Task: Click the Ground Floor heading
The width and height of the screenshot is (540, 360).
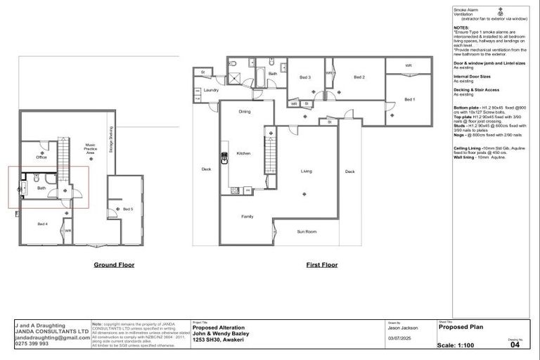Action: [114, 265]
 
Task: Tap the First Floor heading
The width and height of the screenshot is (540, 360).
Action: [321, 265]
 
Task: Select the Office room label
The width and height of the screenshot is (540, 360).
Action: [41, 157]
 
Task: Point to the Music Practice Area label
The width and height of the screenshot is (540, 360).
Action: [90, 149]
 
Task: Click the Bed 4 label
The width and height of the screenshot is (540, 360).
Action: [42, 224]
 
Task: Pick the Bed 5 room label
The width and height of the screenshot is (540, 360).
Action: [127, 209]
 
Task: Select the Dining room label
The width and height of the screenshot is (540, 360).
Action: [244, 111]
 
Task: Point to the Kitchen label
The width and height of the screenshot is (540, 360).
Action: [243, 153]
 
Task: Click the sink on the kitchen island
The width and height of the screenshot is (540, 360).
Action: [224, 158]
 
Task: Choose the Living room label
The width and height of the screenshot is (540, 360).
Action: [307, 171]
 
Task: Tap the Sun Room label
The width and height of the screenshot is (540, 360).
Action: [306, 231]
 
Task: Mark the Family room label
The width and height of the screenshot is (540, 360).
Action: [247, 217]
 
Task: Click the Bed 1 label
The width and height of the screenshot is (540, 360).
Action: [409, 100]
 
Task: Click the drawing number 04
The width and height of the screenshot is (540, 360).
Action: [515, 345]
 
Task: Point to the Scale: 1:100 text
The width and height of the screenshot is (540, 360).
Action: [461, 345]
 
